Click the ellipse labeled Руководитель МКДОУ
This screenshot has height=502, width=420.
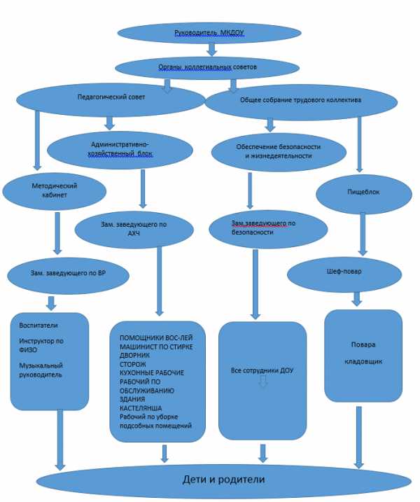coord(209,33)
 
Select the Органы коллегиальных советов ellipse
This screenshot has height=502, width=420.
coord(207,67)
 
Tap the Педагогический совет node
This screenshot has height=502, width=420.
coord(111,100)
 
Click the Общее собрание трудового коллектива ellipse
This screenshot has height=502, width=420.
coord(301,102)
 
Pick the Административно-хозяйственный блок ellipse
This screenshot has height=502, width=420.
coord(120,150)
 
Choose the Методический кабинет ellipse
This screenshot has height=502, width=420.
coord(54,191)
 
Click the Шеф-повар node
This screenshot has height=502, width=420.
coord(344,274)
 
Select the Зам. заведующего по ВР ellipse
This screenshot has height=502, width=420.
coord(68,276)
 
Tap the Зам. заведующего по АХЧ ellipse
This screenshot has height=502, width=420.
coord(134,230)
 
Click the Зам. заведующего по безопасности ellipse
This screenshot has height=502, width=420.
coord(268,229)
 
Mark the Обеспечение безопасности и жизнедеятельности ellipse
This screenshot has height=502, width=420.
coord(279,152)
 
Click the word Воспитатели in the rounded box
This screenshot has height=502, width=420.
coord(38,326)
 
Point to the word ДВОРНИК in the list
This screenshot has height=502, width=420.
coord(135,356)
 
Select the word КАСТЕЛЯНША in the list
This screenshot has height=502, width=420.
coord(141,408)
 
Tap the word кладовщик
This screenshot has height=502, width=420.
coord(363,362)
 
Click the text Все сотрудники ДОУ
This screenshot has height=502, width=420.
coord(262,371)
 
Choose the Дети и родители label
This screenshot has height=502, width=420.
coord(224,480)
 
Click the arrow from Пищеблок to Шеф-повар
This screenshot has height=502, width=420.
coord(363,234)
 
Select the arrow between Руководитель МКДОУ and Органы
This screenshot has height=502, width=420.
coord(211,49)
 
